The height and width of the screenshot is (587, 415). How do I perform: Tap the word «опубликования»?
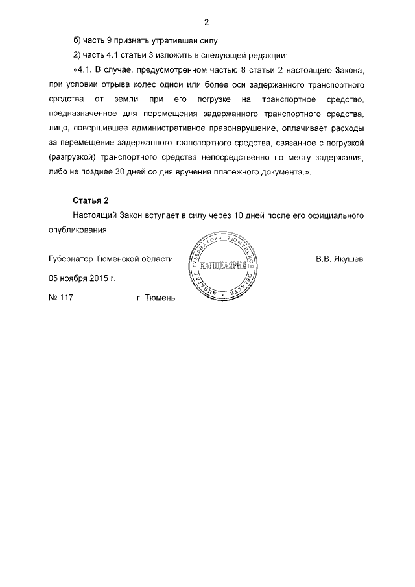[x=83, y=230]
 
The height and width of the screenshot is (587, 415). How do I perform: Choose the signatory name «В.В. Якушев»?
[x=339, y=259]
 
